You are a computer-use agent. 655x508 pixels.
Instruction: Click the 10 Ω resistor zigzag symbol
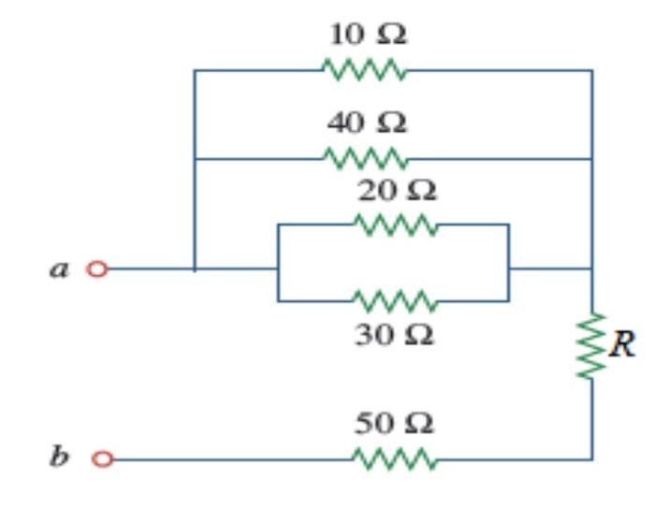pyautogui.click(x=364, y=69)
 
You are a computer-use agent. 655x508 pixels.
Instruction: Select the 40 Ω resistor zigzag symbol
pyautogui.click(x=365, y=158)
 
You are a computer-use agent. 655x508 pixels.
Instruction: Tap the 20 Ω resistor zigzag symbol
pyautogui.click(x=396, y=225)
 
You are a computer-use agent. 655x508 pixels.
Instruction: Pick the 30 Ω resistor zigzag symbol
pyautogui.click(x=395, y=301)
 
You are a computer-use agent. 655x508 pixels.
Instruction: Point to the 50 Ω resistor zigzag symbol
pyautogui.click(x=395, y=459)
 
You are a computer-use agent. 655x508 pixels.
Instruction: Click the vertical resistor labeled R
pyautogui.click(x=591, y=346)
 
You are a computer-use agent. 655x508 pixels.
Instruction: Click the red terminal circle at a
pyautogui.click(x=97, y=269)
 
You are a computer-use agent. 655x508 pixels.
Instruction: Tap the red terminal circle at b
pyautogui.click(x=102, y=458)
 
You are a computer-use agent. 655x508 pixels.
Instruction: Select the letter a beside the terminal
pyautogui.click(x=59, y=269)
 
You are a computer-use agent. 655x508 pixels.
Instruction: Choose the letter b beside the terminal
pyautogui.click(x=58, y=456)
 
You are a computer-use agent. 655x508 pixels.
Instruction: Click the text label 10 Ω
pyautogui.click(x=368, y=35)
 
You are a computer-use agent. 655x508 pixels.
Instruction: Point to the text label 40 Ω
pyautogui.click(x=367, y=123)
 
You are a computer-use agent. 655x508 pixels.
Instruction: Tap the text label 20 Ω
pyautogui.click(x=397, y=191)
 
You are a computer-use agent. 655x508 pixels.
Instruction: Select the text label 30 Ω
pyautogui.click(x=394, y=336)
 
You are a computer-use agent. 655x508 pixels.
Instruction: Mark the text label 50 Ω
pyautogui.click(x=394, y=423)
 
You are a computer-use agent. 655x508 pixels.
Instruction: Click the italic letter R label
pyautogui.click(x=622, y=344)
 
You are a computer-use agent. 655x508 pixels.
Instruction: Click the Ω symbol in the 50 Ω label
pyautogui.click(x=419, y=424)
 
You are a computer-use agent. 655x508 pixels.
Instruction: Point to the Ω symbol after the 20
pyautogui.click(x=422, y=192)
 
